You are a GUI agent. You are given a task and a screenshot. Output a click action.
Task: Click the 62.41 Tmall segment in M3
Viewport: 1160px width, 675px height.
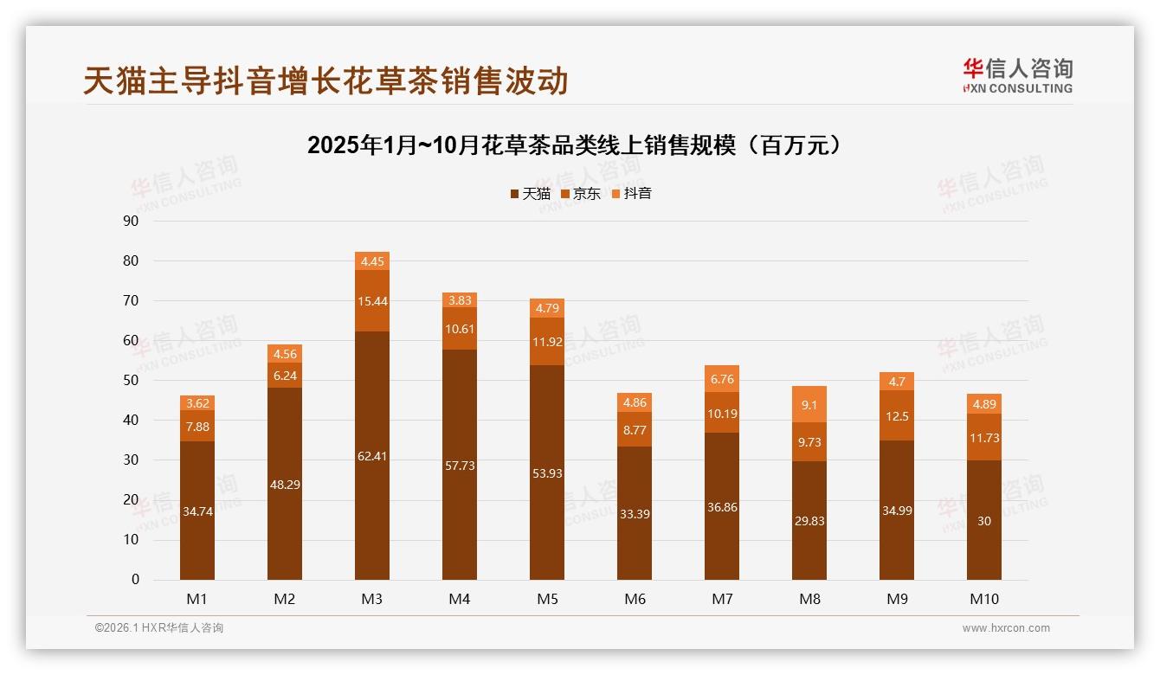point(372,456)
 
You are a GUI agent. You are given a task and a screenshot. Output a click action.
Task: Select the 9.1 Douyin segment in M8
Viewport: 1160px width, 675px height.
point(809,404)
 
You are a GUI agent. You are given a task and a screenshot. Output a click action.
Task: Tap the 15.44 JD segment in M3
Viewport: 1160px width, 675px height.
point(372,300)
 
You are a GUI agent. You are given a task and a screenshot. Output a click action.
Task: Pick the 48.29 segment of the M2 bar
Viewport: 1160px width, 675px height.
point(285,484)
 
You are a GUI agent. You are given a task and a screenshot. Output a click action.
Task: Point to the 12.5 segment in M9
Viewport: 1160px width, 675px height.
point(897,415)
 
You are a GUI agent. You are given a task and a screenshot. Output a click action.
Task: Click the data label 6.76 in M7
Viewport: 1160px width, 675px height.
point(722,379)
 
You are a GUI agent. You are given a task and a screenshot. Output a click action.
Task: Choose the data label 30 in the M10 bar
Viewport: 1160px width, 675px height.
point(984,521)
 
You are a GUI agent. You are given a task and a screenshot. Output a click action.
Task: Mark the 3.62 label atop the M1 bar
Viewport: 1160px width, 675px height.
point(197,403)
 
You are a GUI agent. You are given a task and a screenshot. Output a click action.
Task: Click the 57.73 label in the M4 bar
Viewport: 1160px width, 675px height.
point(460,466)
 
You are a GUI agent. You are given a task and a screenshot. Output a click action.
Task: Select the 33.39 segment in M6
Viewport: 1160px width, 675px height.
point(635,513)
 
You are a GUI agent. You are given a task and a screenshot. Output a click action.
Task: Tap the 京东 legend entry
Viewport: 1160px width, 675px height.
point(581,194)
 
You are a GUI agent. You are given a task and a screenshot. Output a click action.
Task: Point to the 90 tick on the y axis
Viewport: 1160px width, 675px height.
point(131,222)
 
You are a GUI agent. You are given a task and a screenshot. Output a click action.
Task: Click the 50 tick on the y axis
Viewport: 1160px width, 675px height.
point(131,381)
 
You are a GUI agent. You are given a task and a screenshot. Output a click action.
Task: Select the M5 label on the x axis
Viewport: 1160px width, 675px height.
point(547,599)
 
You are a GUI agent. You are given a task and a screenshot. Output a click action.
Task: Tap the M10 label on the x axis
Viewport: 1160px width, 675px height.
point(984,599)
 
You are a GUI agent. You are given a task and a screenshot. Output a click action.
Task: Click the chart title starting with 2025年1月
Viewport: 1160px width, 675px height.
point(575,145)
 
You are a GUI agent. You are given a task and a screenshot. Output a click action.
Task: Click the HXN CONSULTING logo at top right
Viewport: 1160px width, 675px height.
point(1017,75)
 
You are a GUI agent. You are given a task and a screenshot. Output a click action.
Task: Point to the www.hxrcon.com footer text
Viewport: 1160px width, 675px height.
point(1006,628)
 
